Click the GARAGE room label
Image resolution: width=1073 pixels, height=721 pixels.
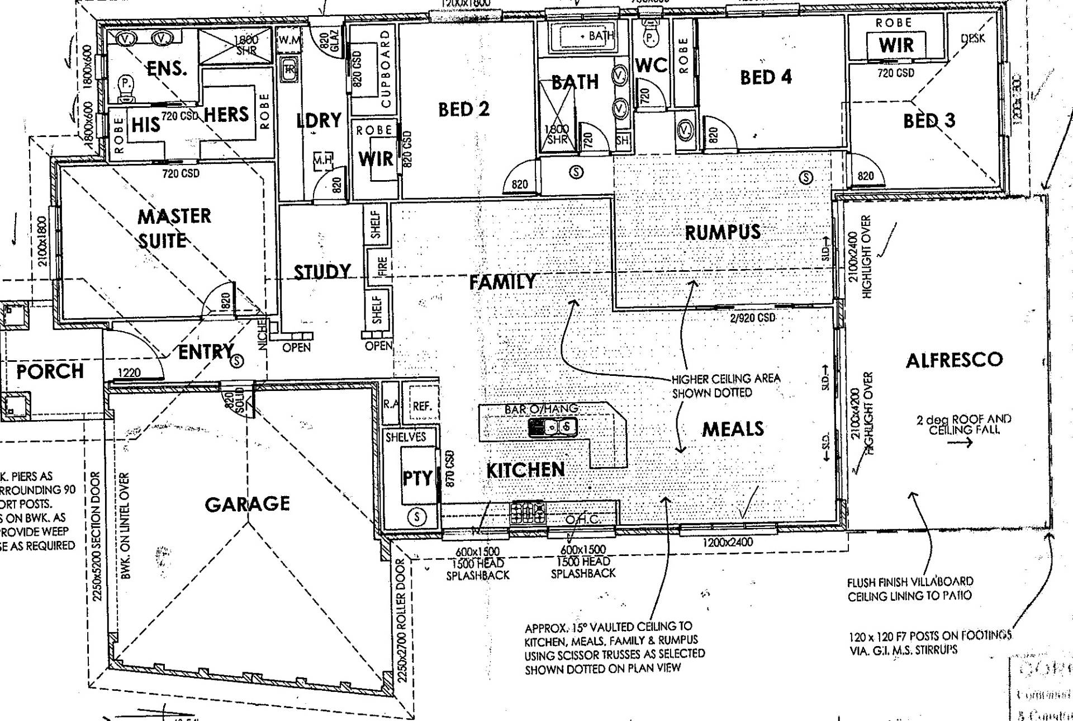(247, 504)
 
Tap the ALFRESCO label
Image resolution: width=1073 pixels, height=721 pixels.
(954, 360)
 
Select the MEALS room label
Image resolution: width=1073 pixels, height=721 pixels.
(733, 429)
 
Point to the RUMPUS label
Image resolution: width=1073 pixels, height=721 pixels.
(723, 232)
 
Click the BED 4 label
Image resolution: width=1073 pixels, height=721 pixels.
(766, 77)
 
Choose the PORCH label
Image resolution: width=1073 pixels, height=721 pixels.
(50, 371)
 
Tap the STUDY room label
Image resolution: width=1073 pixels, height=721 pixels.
(322, 272)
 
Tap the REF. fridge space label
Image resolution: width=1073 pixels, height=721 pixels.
(422, 407)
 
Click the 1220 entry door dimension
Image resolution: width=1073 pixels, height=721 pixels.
(129, 373)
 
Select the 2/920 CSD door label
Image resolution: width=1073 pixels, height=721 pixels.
(752, 318)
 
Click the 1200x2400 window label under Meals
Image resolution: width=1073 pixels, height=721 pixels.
(728, 542)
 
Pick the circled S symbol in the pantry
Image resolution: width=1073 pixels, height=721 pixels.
(416, 517)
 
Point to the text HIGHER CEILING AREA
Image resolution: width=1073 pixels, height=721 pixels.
(725, 379)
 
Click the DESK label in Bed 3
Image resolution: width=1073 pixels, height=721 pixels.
(973, 39)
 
